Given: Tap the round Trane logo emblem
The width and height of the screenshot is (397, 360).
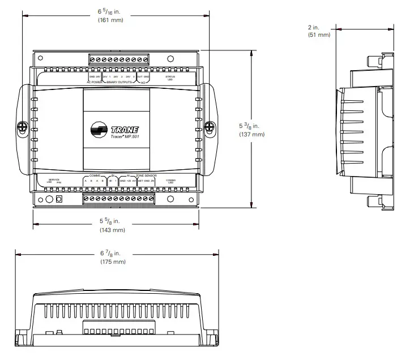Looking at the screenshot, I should (x=101, y=131).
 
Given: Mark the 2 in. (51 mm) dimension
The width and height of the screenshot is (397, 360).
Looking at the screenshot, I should (x=319, y=31).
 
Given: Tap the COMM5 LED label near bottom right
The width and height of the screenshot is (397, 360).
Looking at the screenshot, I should (x=171, y=181).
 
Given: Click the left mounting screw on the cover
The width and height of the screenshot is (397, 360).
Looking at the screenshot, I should (x=24, y=128).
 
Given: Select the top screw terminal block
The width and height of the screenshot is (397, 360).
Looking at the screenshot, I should (x=119, y=59).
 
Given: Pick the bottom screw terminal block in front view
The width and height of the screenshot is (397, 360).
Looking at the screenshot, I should (x=118, y=199).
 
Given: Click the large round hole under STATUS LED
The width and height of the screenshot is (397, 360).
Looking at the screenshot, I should (x=170, y=59).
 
